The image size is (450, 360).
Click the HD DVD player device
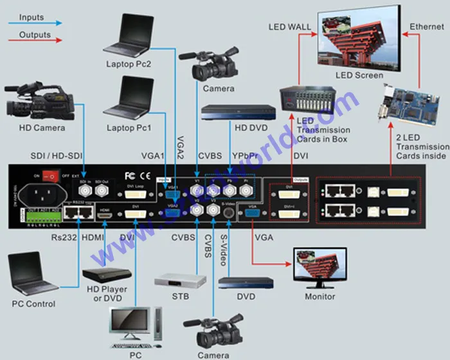[229, 113]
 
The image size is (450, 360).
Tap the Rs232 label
[65, 238]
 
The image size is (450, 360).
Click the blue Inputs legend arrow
[32, 22]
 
